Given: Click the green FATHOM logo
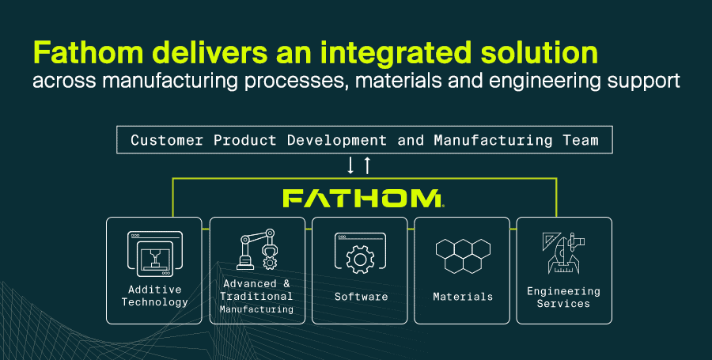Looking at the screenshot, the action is pyautogui.click(x=363, y=199).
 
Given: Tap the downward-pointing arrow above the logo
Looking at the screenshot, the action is pyautogui.click(x=350, y=165).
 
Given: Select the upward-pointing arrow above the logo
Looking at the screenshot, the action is pyautogui.click(x=367, y=165).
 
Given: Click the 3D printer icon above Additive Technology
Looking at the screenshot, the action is pyautogui.click(x=155, y=254).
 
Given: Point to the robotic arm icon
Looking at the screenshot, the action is pyautogui.click(x=257, y=249).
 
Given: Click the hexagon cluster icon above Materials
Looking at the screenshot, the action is pyautogui.click(x=463, y=256).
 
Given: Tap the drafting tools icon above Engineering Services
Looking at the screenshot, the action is pyautogui.click(x=563, y=253).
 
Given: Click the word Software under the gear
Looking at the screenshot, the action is pyautogui.click(x=361, y=297).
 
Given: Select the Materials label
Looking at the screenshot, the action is pyautogui.click(x=463, y=297).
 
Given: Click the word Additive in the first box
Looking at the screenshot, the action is pyautogui.click(x=155, y=290).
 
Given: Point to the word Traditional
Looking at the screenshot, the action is pyautogui.click(x=256, y=297).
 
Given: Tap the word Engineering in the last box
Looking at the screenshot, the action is pyautogui.click(x=563, y=291).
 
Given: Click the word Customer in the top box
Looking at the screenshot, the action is pyautogui.click(x=167, y=140).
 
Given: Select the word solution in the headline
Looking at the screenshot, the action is pyautogui.click(x=539, y=52).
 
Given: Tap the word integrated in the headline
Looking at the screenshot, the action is pyautogui.click(x=396, y=54).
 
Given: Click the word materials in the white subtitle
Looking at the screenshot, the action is pyautogui.click(x=398, y=81).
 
